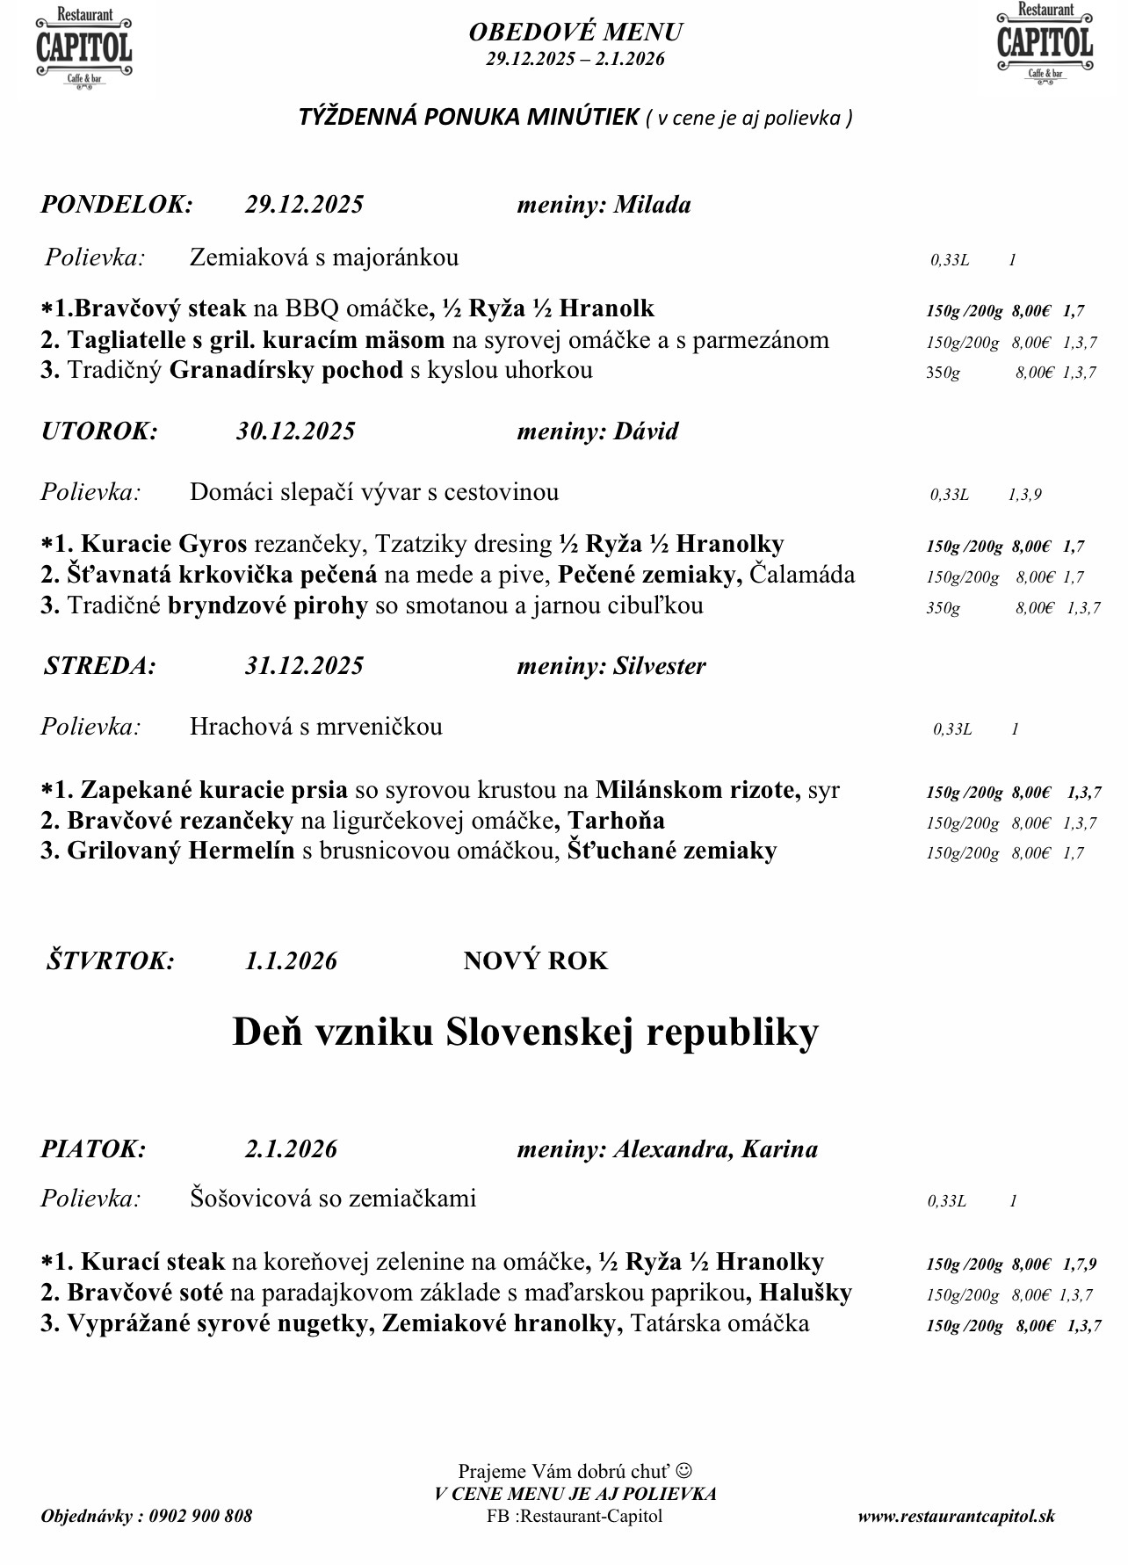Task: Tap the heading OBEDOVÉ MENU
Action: click(575, 33)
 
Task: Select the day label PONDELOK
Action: click(116, 205)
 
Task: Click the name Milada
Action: click(652, 205)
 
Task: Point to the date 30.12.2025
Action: click(295, 431)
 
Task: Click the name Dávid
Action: click(646, 431)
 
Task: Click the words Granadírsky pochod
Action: click(286, 370)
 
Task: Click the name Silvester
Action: click(659, 666)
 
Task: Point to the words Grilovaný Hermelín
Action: click(180, 851)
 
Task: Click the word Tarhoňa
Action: click(616, 821)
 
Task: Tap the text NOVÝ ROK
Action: click(535, 960)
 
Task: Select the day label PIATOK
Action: click(93, 1149)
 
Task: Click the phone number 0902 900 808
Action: click(200, 1516)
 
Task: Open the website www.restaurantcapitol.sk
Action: click(956, 1516)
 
